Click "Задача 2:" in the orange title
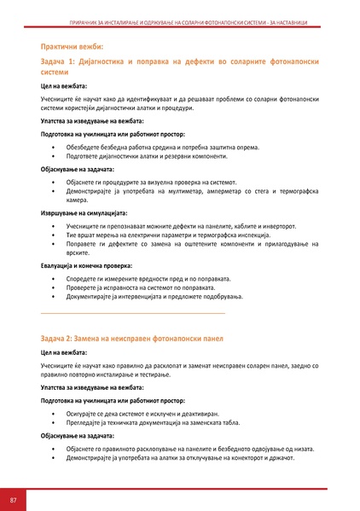[62, 339]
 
